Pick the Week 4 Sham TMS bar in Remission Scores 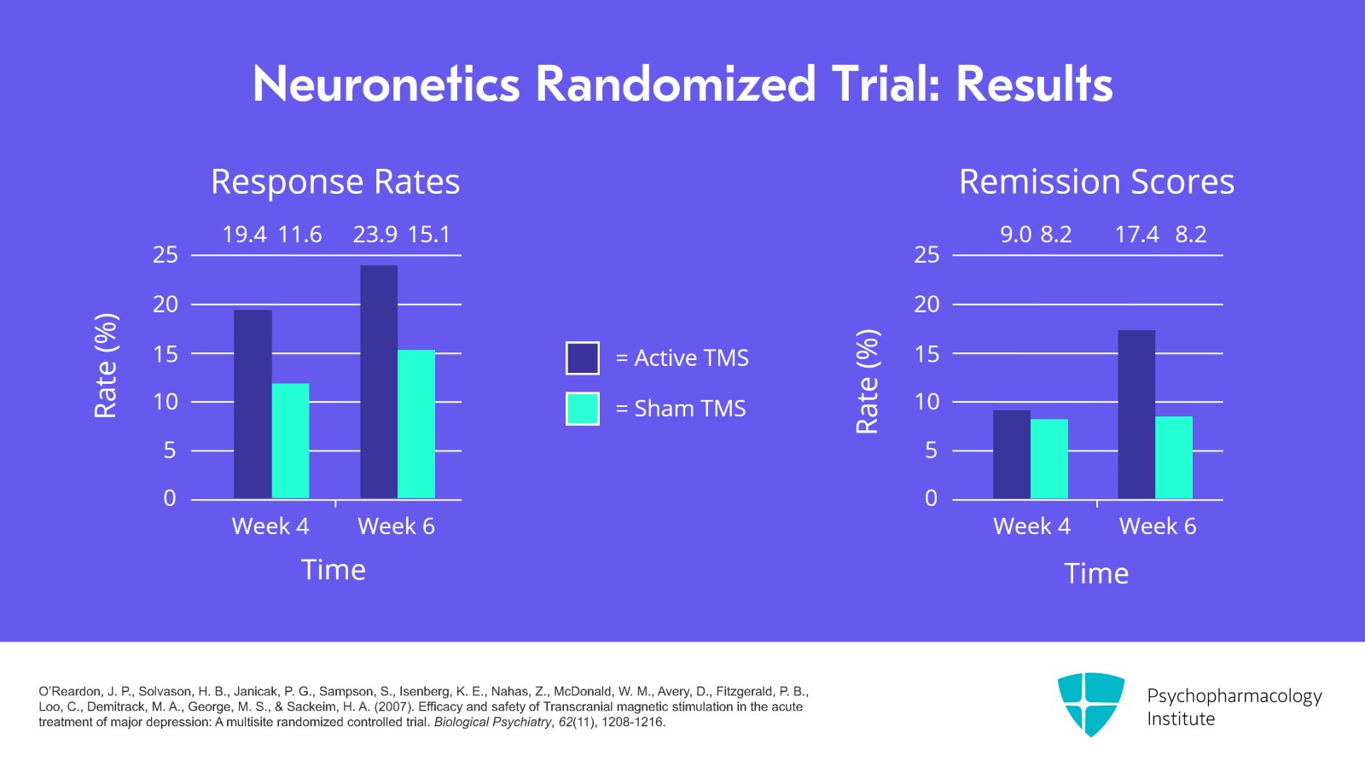click(x=1049, y=458)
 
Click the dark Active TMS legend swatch click(x=583, y=358)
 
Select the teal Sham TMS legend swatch click(x=583, y=409)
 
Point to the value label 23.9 click(x=375, y=235)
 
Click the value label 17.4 click(x=1136, y=235)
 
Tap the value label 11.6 click(x=300, y=235)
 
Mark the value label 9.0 click(x=1015, y=235)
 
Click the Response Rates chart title click(x=335, y=182)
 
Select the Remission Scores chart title click(x=1096, y=182)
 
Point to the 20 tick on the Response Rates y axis click(x=166, y=305)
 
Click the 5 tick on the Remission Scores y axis click(x=931, y=450)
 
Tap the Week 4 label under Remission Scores click(x=1031, y=526)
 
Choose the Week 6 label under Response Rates click(x=396, y=526)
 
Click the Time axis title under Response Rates click(x=334, y=570)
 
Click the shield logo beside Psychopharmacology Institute click(x=1091, y=704)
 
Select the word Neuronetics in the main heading click(x=386, y=84)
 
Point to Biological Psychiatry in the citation click(x=492, y=722)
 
